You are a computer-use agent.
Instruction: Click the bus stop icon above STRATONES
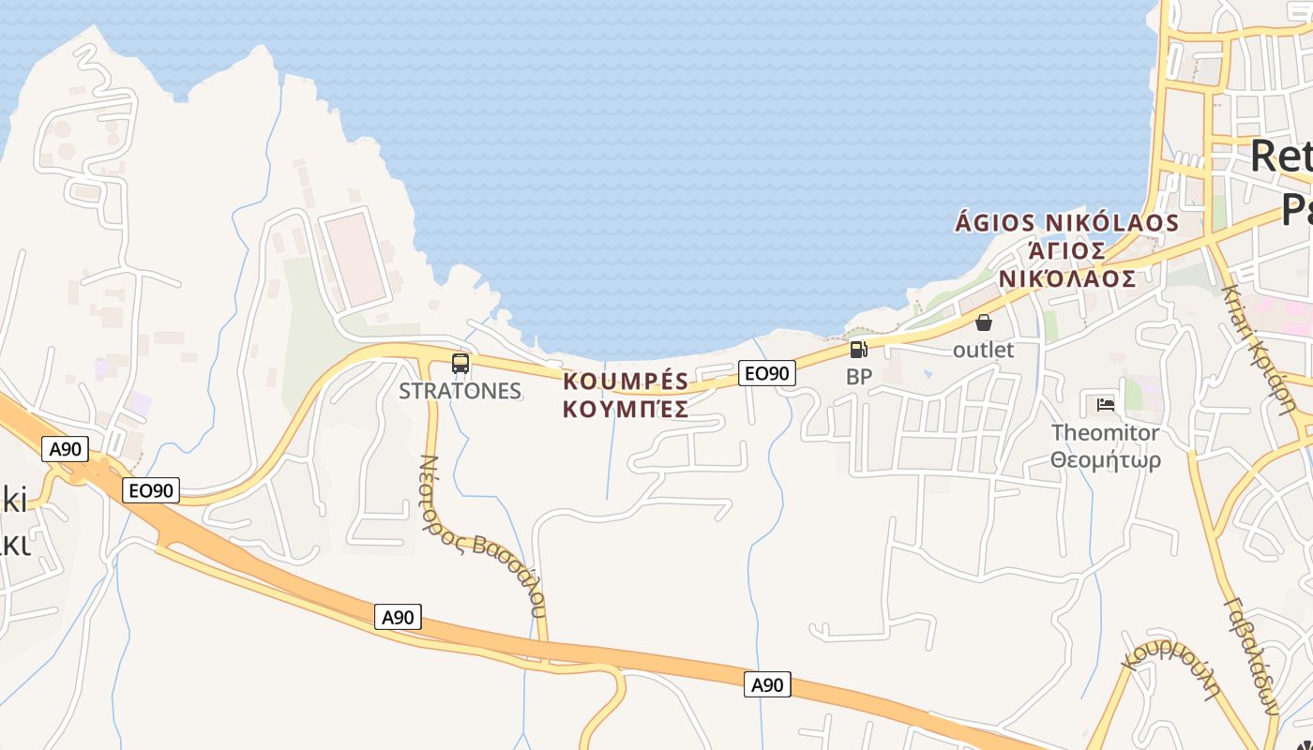pos(460,364)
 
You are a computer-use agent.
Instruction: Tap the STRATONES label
pos(460,391)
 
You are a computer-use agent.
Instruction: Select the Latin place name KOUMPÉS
pos(626,382)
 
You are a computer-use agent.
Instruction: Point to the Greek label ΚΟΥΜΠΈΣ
pos(626,409)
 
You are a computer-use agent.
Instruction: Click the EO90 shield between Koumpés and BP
pos(766,373)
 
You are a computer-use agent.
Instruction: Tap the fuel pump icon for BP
pos(858,350)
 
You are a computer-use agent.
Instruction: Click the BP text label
pos(859,377)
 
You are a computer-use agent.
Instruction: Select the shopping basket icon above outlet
pos(984,322)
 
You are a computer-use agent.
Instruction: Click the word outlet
pos(984,350)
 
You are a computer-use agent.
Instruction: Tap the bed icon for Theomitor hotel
pos(1106,405)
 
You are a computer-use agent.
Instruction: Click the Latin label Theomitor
pos(1105,432)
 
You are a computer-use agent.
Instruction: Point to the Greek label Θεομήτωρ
pos(1105,460)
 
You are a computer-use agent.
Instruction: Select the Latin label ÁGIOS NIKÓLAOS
pos(1066,223)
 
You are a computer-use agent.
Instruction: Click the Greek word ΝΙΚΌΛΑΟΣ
pos(1067,278)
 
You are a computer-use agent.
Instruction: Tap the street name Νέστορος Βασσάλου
pos(481,536)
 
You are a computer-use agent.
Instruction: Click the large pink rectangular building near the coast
pos(355,259)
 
